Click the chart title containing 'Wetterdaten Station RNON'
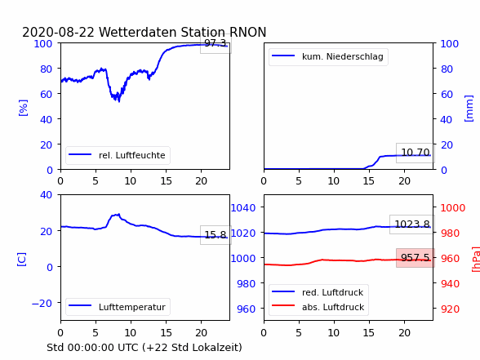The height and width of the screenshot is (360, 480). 144,32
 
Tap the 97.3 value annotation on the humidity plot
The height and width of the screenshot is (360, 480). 216,43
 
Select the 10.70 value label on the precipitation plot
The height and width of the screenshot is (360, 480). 415,153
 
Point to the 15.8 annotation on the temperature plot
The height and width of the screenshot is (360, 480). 216,235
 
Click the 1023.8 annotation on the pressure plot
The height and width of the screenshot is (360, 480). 412,224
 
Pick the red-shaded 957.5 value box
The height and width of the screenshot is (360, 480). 415,258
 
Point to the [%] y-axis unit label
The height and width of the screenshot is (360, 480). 23,108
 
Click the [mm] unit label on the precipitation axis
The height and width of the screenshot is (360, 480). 469,109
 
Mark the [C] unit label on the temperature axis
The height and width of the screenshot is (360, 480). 21,260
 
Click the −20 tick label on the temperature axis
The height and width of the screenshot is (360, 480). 42,304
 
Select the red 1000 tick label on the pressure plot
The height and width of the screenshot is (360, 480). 453,208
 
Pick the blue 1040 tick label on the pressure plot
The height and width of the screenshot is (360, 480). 243,208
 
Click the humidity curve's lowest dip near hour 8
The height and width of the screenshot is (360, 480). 119,101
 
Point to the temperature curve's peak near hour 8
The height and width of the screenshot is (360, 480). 119,214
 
